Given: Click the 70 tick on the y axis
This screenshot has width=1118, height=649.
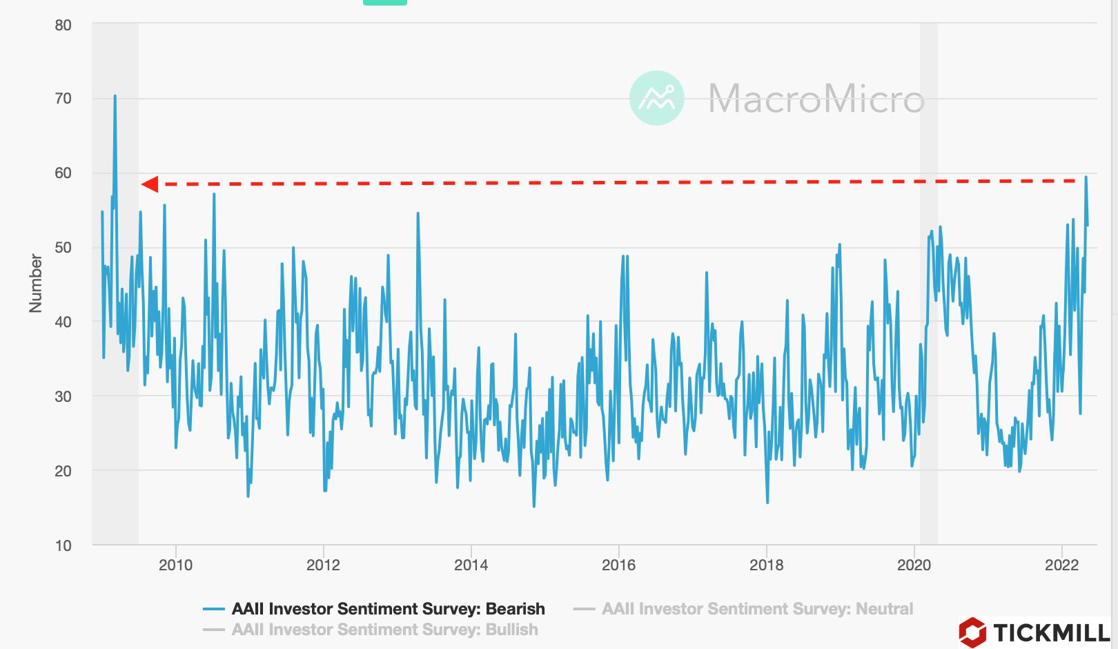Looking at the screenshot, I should point(63,99).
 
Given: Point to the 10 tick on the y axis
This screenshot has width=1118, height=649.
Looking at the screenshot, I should point(63,546).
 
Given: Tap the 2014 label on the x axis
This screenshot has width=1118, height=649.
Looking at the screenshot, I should point(471,565).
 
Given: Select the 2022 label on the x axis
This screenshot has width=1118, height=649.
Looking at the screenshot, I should point(1061,565).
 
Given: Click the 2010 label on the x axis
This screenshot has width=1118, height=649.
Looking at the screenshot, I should point(175,565).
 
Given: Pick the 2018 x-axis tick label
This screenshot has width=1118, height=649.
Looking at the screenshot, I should point(766,565).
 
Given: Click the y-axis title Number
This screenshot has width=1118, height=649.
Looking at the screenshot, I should point(35,283).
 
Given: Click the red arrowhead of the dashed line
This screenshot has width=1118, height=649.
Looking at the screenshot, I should point(150,184).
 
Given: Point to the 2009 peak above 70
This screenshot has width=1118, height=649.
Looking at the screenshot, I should point(115,96).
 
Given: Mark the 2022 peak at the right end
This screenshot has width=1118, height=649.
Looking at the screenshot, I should point(1086,177).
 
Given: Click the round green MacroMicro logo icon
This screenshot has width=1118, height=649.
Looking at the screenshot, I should point(656,98).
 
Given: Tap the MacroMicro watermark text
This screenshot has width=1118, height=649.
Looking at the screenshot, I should point(816,99).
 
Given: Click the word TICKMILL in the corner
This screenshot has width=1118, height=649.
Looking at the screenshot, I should point(1051,632).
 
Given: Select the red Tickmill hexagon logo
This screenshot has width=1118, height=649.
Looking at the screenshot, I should point(972,632).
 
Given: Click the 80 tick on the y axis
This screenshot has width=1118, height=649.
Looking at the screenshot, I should point(63,26).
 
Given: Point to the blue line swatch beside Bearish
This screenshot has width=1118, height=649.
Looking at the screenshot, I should point(214,609).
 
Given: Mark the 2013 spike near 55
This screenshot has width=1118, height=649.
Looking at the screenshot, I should point(418,214).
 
